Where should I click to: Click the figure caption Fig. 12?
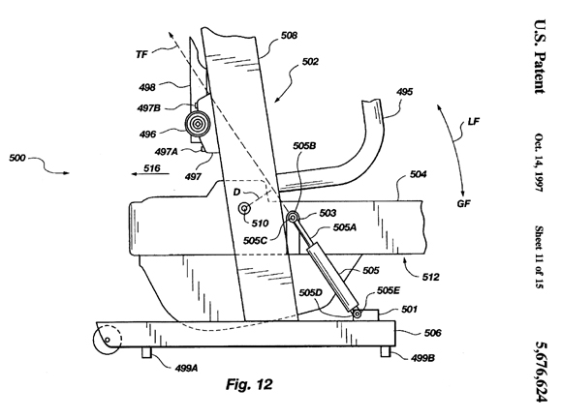point(249,384)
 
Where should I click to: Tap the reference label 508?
point(289,36)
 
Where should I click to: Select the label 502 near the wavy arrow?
point(310,62)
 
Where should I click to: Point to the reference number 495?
point(404,92)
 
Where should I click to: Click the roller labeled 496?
point(197,124)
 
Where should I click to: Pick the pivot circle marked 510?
point(245,208)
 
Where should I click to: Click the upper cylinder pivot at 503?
point(293,217)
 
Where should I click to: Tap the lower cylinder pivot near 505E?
point(358,314)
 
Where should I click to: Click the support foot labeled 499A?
point(146,352)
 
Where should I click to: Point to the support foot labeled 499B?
point(386,351)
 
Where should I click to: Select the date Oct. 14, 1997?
point(539,163)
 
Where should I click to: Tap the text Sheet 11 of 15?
point(539,256)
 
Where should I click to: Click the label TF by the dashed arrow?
point(141,54)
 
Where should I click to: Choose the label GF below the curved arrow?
point(463,203)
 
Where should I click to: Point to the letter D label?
point(236,193)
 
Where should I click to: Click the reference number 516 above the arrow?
point(152,167)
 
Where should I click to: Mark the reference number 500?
point(17,158)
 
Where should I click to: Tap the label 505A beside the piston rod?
point(345,226)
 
